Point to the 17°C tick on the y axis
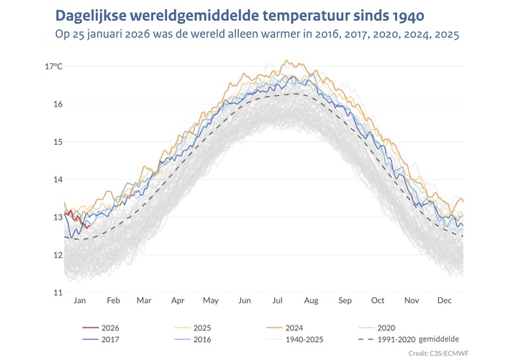point(53,66)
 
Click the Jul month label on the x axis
point(277,301)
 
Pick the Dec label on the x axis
point(445,301)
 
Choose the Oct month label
point(378,301)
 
